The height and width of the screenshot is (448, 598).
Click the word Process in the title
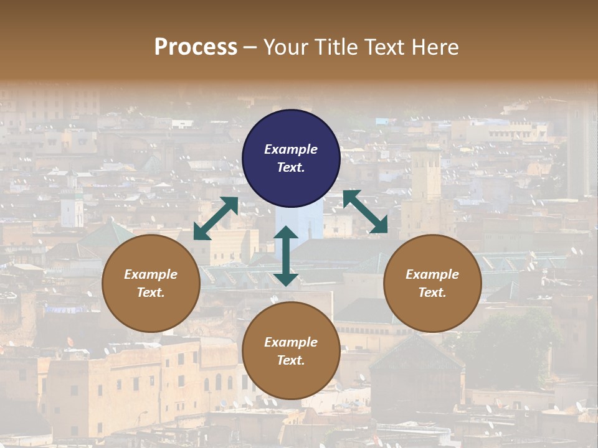196,47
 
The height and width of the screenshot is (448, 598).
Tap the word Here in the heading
435,47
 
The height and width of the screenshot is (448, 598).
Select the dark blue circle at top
291,159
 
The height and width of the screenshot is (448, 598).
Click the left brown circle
151,283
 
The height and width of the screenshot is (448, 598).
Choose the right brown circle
432,283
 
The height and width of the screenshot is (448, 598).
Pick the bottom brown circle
291,350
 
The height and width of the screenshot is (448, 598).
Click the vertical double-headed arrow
286,256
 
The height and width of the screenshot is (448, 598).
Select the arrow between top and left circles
216,218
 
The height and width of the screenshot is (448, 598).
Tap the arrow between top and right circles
365,212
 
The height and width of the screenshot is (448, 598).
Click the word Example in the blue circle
291,149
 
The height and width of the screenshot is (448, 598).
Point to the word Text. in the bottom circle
291,360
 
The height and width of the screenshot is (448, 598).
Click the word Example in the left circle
151,274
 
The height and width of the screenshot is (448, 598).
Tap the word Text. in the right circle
432,292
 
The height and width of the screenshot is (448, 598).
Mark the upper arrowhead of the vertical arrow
286,233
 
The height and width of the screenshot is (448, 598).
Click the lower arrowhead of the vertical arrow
286,279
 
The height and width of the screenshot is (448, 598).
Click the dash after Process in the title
250,47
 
